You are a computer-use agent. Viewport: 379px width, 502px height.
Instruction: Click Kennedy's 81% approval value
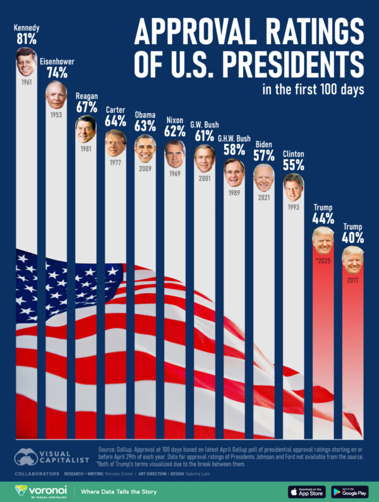tap(26, 39)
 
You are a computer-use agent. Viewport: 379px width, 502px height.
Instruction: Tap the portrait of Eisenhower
tap(56, 95)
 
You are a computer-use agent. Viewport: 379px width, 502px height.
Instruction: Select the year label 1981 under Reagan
tap(86, 150)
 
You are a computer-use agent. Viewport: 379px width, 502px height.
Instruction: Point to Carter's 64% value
tap(116, 121)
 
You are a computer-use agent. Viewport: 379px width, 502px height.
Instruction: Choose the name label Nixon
tap(174, 120)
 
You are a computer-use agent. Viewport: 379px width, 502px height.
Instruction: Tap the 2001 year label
tap(204, 179)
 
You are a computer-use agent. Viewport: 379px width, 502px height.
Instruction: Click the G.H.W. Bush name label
tap(234, 138)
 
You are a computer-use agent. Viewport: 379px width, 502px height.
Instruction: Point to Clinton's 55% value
tap(293, 165)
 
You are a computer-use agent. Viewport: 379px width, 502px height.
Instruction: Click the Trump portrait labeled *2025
tap(323, 241)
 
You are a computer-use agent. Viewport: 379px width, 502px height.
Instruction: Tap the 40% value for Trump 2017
tap(352, 238)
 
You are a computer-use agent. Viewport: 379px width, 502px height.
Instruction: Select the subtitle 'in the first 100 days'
tap(313, 89)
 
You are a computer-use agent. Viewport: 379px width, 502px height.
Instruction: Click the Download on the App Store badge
tap(306, 491)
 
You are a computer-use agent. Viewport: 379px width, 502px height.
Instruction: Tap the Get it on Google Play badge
tap(349, 491)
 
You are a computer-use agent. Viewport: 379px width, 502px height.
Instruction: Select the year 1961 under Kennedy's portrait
tap(26, 82)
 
